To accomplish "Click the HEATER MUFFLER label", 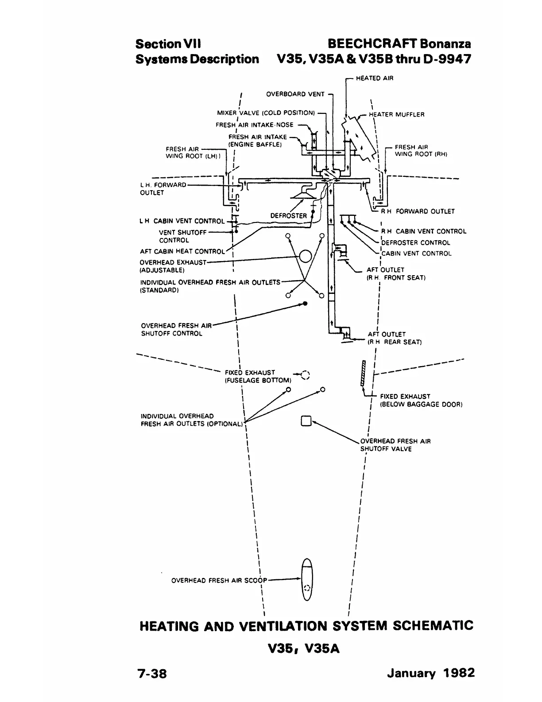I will click(396, 115).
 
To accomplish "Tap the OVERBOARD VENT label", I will click(295, 94).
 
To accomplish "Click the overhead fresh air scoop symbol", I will click(306, 579).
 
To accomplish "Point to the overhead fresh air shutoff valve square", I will click(306, 421).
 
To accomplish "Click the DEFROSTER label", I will click(288, 216).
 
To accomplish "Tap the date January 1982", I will click(430, 673).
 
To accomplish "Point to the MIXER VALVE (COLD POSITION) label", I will click(266, 113).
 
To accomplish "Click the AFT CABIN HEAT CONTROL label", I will click(182, 252).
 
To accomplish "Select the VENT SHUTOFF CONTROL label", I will click(182, 236).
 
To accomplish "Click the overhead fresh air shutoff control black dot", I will click(305, 304).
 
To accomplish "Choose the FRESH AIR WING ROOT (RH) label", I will click(421, 151).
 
